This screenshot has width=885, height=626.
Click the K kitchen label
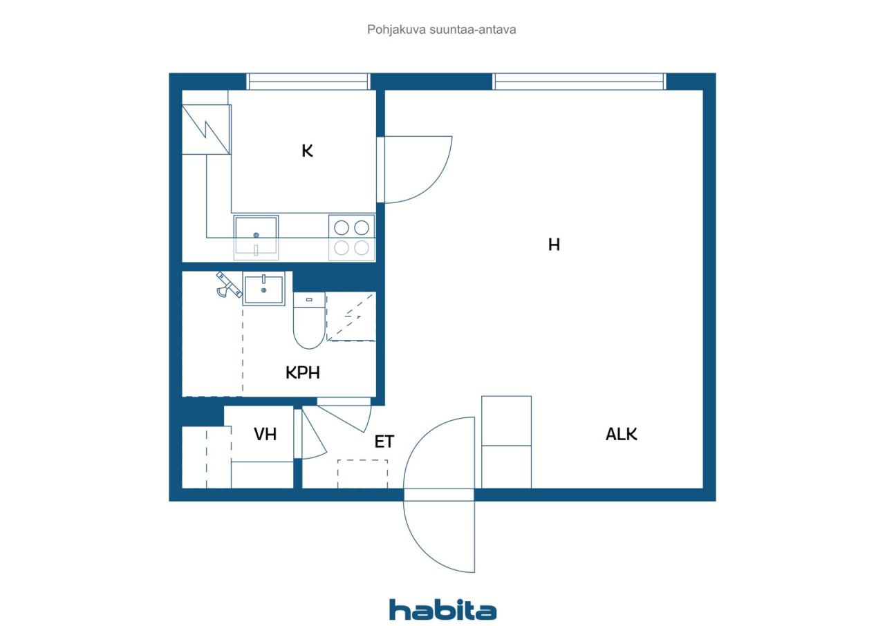(x=307, y=151)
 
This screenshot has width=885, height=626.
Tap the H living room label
(x=553, y=245)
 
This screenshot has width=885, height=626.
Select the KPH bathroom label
(x=303, y=373)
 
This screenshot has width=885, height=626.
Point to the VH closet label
(x=265, y=435)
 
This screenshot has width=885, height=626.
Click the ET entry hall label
(x=384, y=442)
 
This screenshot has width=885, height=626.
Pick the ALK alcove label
(x=621, y=435)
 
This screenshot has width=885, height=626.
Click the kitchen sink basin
(x=256, y=236)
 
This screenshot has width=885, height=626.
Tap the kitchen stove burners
(x=351, y=237)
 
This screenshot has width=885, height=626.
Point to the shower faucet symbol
(x=224, y=283)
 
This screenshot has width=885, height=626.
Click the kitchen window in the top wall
(x=308, y=82)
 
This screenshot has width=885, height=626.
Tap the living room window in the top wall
(x=579, y=82)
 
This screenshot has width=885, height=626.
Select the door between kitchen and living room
(x=415, y=169)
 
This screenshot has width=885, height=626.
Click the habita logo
(x=442, y=609)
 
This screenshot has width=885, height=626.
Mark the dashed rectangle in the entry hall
(x=362, y=473)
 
